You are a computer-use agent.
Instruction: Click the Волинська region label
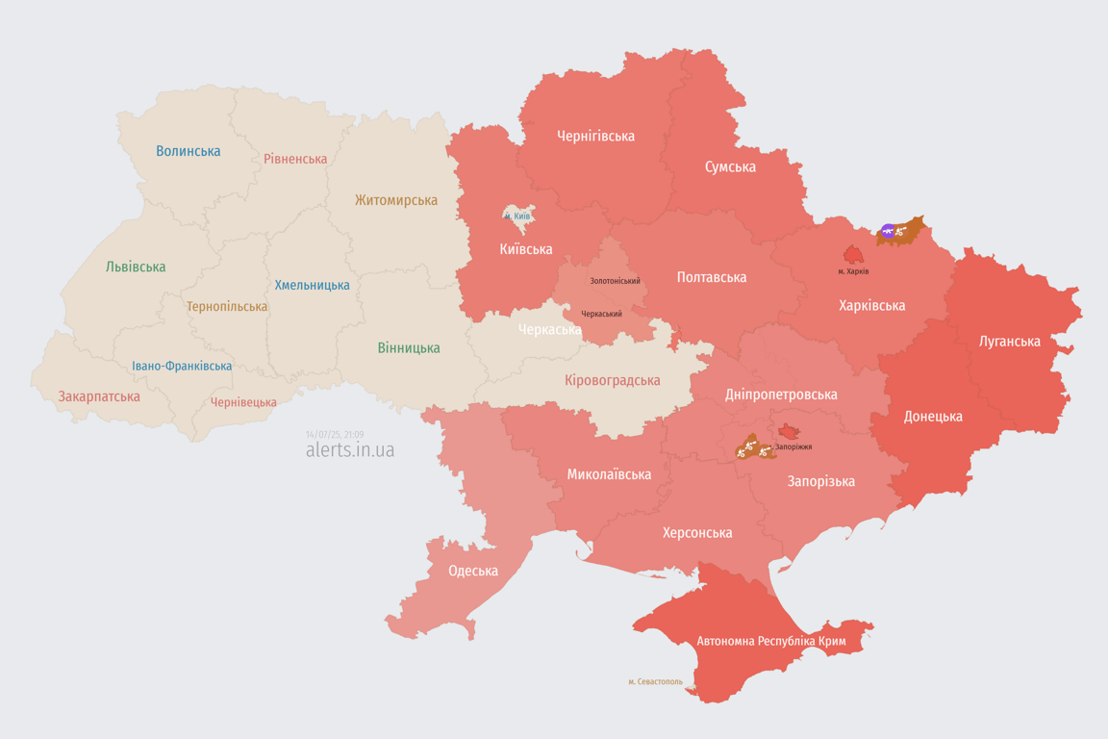(188, 151)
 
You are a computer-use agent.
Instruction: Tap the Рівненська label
(295, 159)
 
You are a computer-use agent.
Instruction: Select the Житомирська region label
(395, 200)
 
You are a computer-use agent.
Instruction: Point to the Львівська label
(136, 267)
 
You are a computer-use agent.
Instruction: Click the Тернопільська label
(227, 306)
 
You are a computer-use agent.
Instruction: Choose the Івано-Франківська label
(182, 366)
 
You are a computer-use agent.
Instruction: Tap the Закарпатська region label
(99, 396)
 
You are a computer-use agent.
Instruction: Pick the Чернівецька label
(243, 402)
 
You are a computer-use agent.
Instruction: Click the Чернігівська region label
(595, 136)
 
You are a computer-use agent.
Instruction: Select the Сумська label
(730, 166)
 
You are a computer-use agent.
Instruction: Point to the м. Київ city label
(516, 217)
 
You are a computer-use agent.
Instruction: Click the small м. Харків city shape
(853, 255)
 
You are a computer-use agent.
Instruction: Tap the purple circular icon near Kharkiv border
(888, 231)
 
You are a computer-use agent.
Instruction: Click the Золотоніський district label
(615, 281)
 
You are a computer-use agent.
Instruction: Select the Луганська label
(1009, 341)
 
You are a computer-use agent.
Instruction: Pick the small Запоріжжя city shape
(789, 432)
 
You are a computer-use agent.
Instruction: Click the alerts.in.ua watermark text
(349, 449)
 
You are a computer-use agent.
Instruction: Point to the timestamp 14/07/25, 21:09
(335, 435)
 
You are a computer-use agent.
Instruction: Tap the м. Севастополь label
(655, 681)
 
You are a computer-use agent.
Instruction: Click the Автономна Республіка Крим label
(756, 641)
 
